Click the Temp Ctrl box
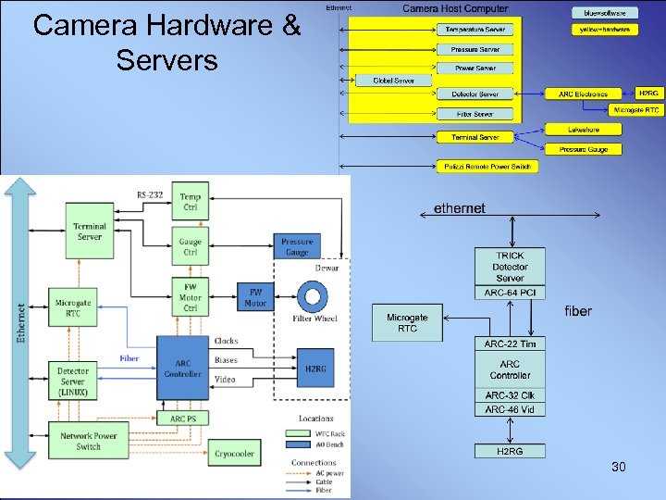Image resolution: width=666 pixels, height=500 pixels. tap(190, 201)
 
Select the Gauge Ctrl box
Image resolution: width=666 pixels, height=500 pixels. tap(190, 247)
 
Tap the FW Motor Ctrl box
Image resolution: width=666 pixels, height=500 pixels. tap(190, 296)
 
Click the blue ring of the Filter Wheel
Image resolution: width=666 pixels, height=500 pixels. tap(314, 297)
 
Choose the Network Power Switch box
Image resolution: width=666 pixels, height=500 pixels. tap(89, 441)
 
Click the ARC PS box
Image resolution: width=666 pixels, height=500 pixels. tap(183, 419)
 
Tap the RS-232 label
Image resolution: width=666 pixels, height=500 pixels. tap(150, 194)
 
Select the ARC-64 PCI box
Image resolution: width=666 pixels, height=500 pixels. tap(510, 294)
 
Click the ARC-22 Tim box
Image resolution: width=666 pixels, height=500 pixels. tap(510, 344)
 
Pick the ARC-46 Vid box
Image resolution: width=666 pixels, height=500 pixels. tap(510, 409)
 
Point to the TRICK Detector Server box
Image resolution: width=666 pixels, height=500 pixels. tap(510, 267)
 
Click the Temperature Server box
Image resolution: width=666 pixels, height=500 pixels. tap(475, 30)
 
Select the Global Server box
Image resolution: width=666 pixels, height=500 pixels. tap(394, 81)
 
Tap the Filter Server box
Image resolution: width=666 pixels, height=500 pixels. tap(475, 114)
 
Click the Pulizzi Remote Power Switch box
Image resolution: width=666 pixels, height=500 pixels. tap(487, 167)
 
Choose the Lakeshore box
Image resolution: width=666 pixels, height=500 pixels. tap(584, 130)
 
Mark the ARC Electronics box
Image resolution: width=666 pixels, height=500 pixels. tap(584, 94)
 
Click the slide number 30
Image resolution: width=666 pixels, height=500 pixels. tap(618, 468)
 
